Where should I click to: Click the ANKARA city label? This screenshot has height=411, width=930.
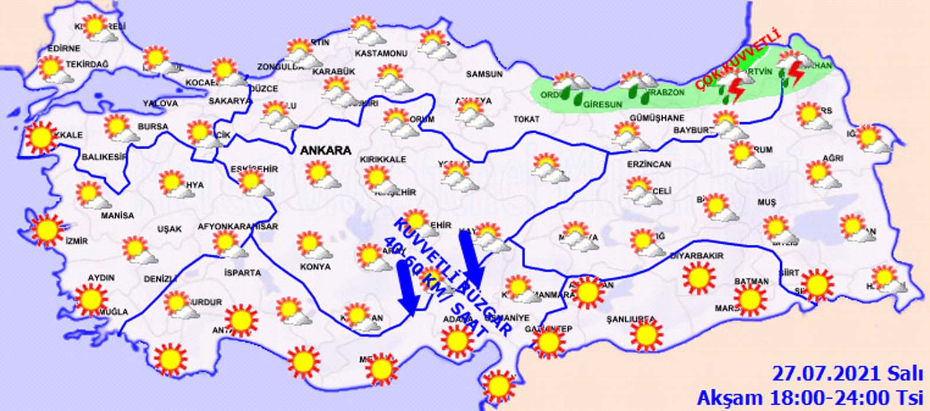tap(325, 150)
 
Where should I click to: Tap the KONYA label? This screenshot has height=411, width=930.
tap(315, 267)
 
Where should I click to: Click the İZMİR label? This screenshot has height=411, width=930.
tap(77, 241)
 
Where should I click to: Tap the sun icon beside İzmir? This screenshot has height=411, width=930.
tap(47, 230)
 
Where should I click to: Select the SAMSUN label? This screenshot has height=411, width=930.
tap(484, 75)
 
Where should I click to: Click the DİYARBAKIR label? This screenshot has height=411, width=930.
tap(697, 256)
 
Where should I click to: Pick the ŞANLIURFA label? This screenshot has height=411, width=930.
tap(630, 319)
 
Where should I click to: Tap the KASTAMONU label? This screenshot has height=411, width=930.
tap(381, 53)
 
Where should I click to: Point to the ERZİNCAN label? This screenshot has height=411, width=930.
tap(649, 164)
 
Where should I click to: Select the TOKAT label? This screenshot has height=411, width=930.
tap(526, 119)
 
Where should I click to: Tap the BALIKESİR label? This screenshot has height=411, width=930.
tap(105, 157)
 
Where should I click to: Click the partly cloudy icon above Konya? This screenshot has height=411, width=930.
tap(312, 245)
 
